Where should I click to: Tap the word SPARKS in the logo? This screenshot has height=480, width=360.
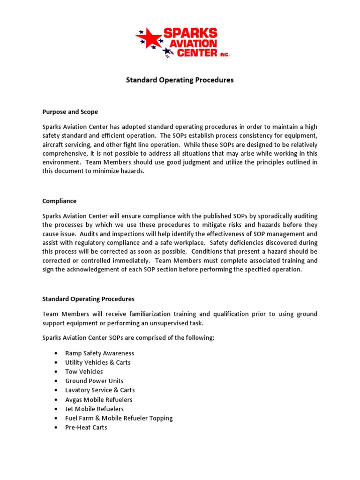coord(190,33)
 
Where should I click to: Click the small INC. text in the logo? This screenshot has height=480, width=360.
coord(224,55)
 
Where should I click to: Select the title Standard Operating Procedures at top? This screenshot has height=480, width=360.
coord(180,80)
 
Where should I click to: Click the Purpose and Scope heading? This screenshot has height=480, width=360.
coord(70,112)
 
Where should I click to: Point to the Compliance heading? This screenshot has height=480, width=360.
coord(59,201)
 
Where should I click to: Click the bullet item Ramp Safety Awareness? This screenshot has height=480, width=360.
coord(99,353)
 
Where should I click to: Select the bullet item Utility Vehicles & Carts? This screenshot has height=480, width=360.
coord(98,362)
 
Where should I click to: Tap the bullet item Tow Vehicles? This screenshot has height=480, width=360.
coord(84,372)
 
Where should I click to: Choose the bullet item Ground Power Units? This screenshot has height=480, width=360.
coord(94,381)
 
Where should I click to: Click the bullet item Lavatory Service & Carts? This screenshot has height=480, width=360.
coord(100,390)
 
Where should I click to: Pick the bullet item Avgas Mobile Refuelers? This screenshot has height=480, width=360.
coord(99,399)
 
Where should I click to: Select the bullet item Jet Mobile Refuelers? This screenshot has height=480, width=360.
coord(95,409)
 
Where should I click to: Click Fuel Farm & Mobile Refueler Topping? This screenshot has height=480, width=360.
coord(119,418)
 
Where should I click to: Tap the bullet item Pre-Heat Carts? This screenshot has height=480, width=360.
coord(86,427)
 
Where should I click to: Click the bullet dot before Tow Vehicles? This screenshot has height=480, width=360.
coord(56,372)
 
